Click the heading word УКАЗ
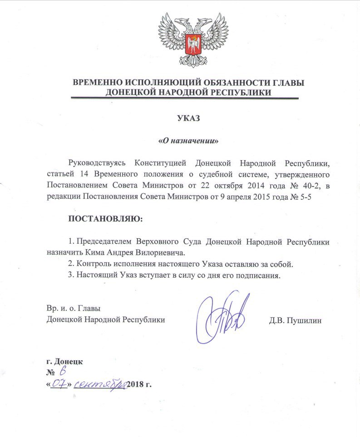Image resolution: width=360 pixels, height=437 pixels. click(188, 119)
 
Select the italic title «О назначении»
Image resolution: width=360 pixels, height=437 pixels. click(188, 141)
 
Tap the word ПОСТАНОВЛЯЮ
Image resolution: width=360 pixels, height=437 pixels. click(105, 219)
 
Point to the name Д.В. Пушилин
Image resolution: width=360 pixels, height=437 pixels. click(296, 320)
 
